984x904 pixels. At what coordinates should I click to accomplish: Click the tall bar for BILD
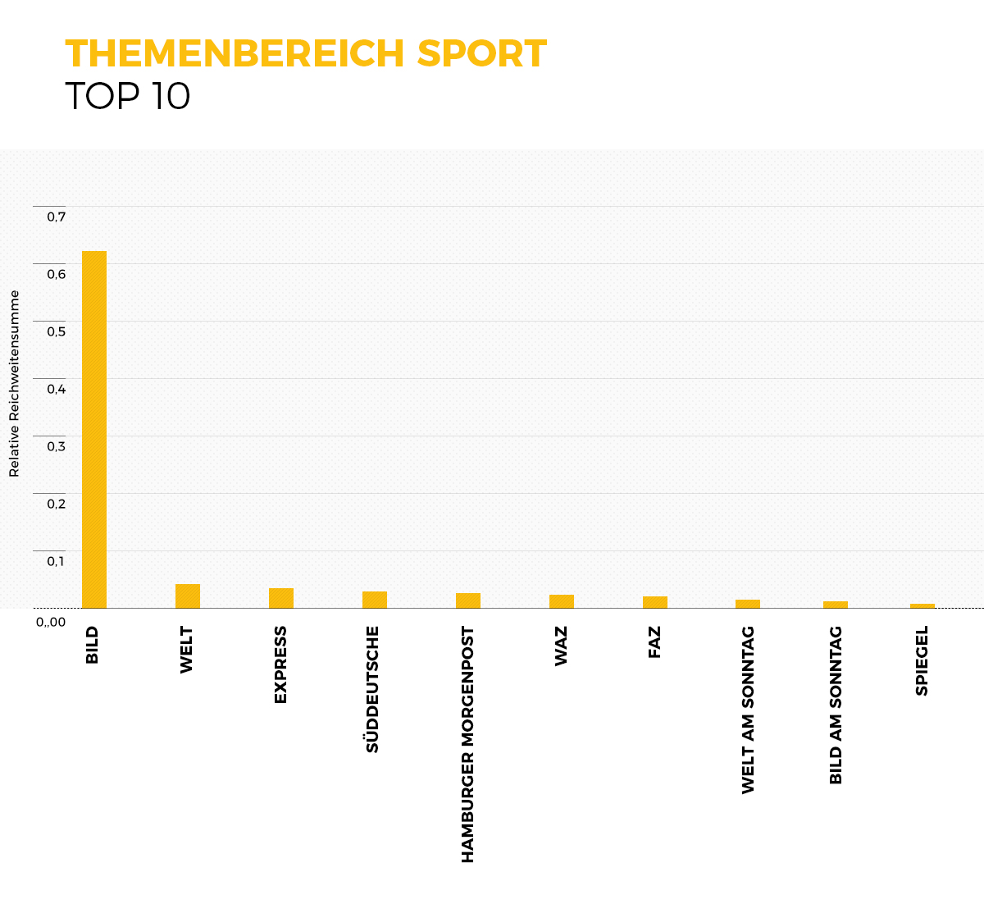click(x=94, y=429)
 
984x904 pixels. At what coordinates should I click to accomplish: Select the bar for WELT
click(x=188, y=596)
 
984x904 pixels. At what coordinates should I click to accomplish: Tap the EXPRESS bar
click(x=281, y=598)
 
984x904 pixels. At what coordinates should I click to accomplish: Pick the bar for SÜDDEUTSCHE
click(x=375, y=600)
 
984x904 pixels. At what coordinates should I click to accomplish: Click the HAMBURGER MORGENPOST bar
click(x=468, y=600)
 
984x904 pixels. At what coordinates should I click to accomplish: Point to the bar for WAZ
click(x=562, y=601)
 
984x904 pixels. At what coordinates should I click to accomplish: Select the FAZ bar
click(x=655, y=602)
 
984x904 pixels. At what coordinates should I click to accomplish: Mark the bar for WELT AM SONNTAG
click(x=748, y=604)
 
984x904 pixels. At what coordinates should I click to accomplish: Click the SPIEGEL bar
click(x=922, y=605)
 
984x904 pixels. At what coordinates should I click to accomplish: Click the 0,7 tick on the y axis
click(x=56, y=217)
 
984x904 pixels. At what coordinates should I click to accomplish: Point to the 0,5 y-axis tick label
click(x=56, y=331)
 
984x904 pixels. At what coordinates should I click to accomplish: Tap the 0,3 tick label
click(x=56, y=446)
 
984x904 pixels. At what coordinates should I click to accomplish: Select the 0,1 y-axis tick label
click(x=56, y=561)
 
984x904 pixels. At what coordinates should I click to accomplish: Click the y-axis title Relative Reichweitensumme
click(x=14, y=383)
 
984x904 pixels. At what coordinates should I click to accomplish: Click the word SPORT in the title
click(x=481, y=54)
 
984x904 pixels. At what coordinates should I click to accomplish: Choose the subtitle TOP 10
click(x=128, y=96)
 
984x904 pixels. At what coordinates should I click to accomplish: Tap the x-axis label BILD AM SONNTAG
click(x=836, y=705)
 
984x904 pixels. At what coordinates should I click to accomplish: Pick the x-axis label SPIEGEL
click(x=922, y=661)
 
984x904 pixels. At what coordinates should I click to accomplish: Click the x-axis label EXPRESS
click(x=280, y=664)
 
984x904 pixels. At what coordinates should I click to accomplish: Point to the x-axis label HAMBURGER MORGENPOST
click(x=467, y=745)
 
